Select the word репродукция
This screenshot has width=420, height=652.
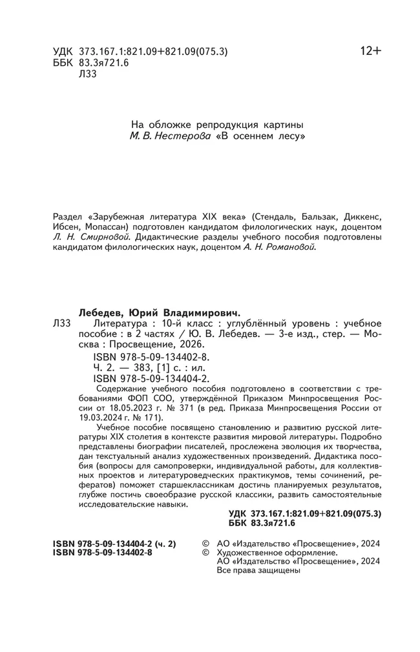211,125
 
